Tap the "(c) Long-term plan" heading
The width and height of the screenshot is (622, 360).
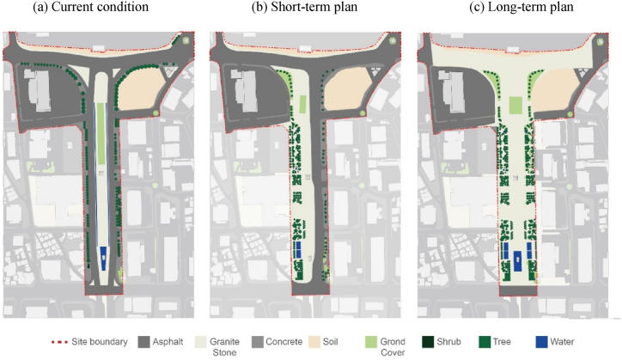pyautogui.click(x=518, y=8)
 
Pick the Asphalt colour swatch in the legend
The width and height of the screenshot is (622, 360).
pyautogui.click(x=143, y=342)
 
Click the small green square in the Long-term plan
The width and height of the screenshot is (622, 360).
pyautogui.click(x=515, y=105)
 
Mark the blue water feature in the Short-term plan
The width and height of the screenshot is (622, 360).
pyautogui.click(x=297, y=247)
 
